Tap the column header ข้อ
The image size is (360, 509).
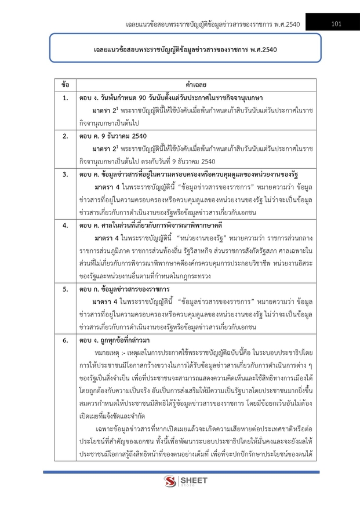click(66, 85)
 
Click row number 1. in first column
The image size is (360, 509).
click(66, 97)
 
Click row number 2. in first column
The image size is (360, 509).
click(66, 136)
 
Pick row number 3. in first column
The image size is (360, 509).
click(66, 174)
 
